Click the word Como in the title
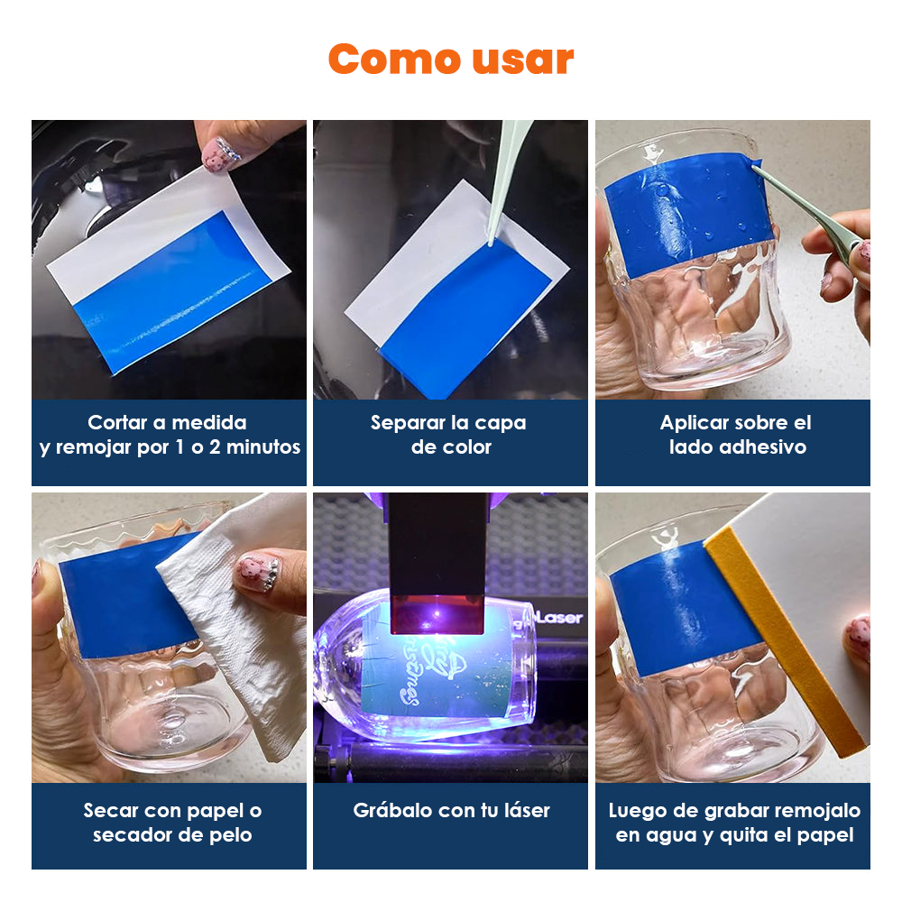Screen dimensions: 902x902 (395, 59)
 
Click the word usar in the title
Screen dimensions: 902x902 (523, 60)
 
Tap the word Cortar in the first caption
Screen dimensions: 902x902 (117, 422)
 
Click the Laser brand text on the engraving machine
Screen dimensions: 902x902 (558, 618)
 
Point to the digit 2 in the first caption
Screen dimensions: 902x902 (215, 447)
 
